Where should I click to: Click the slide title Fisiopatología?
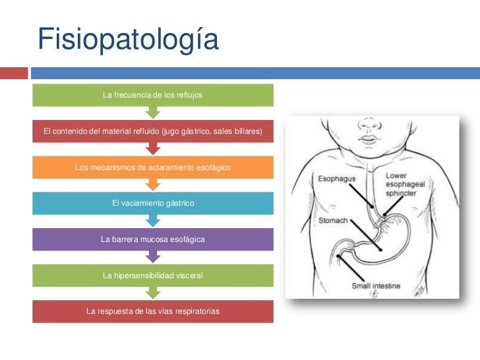[128, 39]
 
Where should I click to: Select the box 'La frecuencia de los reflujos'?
[153, 95]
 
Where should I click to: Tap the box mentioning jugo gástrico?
[153, 131]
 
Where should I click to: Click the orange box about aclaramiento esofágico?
[153, 167]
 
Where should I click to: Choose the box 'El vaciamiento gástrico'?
[153, 203]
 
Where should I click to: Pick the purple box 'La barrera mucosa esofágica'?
[153, 239]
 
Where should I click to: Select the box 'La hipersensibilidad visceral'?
[153, 276]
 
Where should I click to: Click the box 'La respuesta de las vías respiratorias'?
[153, 311]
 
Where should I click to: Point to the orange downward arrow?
[153, 185]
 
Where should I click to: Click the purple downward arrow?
[153, 257]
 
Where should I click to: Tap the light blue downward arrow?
[153, 221]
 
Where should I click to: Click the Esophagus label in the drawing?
[336, 179]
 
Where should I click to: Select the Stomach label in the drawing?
[333, 220]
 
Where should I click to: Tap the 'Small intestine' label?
[376, 285]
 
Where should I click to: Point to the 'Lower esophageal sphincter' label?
[405, 185]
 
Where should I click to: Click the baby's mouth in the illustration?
[369, 139]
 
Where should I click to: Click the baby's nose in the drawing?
[369, 124]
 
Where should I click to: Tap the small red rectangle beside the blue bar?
[14, 73]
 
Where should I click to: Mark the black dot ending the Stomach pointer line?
[380, 250]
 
